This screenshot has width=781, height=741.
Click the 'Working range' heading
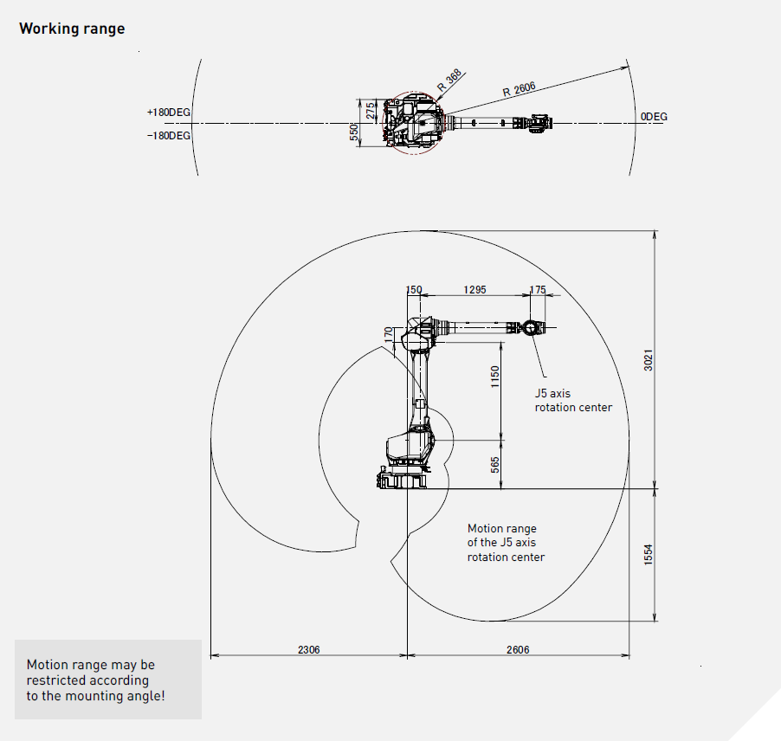[72, 29]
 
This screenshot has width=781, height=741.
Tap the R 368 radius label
[449, 81]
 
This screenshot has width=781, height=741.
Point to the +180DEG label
[169, 113]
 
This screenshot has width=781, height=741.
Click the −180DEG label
[169, 136]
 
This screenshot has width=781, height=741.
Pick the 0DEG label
[654, 117]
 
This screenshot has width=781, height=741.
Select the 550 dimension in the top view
[354, 132]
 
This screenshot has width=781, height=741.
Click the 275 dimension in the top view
[371, 111]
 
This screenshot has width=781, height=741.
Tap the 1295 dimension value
[475, 290]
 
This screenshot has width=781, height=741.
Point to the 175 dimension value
[539, 290]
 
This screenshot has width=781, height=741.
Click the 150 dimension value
[414, 290]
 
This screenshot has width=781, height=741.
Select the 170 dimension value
[389, 333]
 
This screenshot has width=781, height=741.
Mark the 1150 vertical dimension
[495, 377]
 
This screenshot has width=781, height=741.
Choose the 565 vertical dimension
[495, 465]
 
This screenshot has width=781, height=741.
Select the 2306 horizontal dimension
[308, 649]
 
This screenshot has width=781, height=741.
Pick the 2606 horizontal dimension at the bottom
[518, 649]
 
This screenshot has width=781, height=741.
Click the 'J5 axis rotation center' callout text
[573, 400]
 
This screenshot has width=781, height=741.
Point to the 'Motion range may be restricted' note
[95, 680]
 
